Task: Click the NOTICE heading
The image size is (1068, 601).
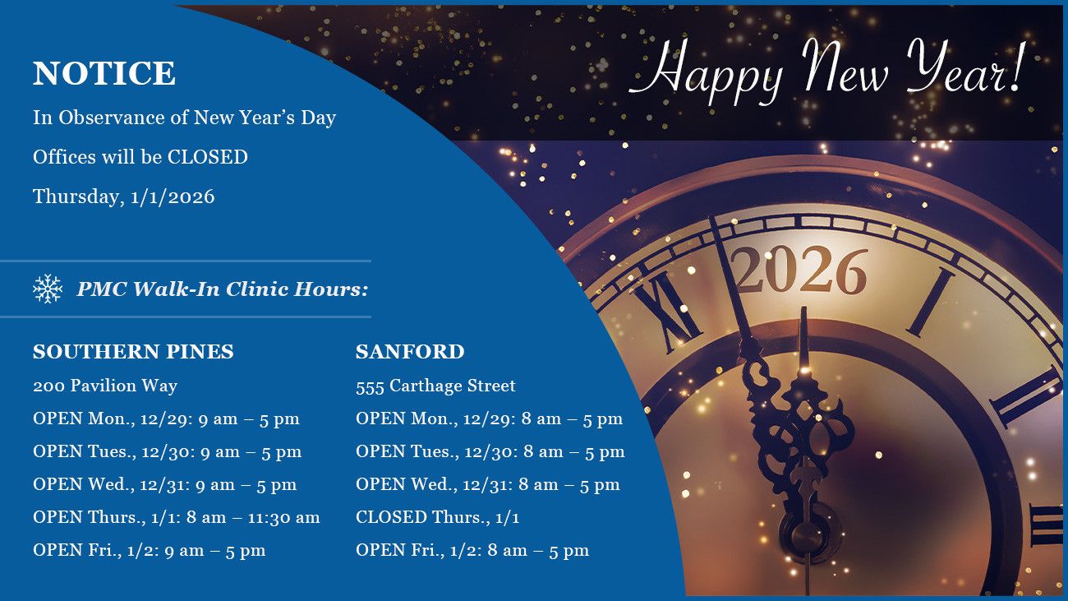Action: (104, 73)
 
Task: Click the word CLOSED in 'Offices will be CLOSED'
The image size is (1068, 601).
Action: (208, 157)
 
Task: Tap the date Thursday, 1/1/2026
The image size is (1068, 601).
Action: (123, 196)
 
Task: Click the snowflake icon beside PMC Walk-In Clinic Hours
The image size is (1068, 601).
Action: (48, 289)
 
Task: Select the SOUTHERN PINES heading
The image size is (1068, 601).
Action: (133, 352)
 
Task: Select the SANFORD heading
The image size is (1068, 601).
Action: (410, 352)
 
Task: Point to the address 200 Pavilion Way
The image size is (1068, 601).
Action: (105, 386)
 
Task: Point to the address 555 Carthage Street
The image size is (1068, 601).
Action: (435, 386)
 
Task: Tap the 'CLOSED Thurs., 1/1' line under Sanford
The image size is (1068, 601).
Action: (437, 517)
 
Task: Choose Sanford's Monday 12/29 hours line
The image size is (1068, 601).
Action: (489, 418)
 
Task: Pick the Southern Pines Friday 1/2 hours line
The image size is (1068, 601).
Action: (149, 550)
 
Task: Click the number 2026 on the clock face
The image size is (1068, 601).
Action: (799, 270)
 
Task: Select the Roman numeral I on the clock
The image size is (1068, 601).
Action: (932, 301)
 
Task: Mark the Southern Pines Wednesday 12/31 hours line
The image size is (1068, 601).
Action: (164, 484)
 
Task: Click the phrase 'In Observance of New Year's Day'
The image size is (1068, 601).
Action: (184, 118)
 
